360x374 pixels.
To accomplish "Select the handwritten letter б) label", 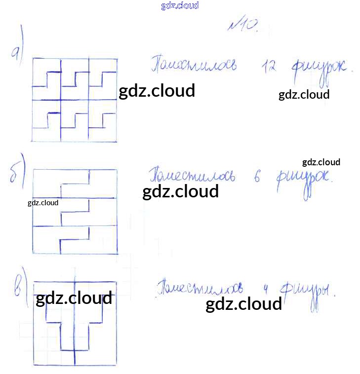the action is pos(17,174).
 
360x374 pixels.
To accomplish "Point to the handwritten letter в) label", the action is pos(19,287).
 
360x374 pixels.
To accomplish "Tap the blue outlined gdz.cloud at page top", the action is pos(180,6).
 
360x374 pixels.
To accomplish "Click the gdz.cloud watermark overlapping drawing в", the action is pos(74,299).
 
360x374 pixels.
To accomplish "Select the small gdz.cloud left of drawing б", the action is pos(43,203).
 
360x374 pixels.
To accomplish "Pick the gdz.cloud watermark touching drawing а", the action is pos(157,91).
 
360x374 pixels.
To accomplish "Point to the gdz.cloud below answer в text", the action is pos(243,304).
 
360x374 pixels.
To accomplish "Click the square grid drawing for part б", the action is pos(75,211).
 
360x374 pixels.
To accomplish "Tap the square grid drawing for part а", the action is pos(75,100).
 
